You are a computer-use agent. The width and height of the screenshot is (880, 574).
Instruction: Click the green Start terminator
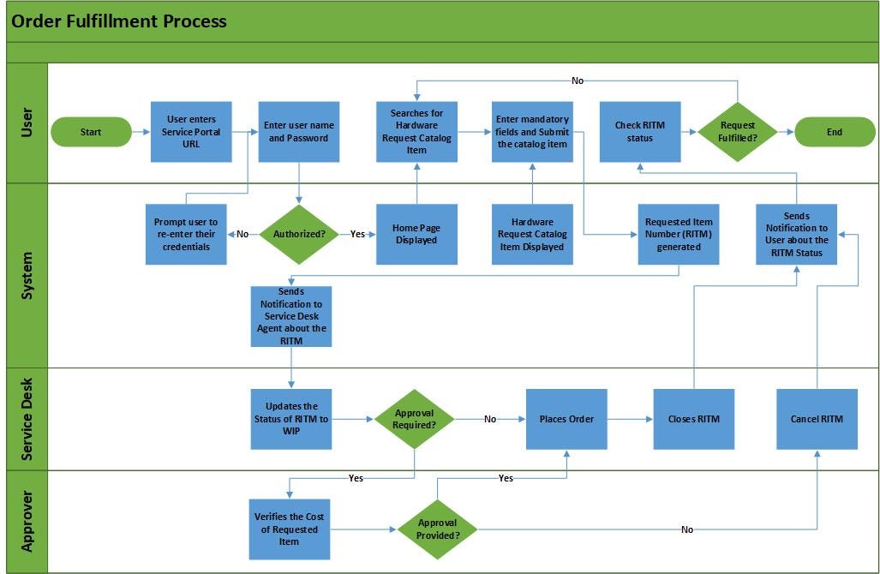pos(91,132)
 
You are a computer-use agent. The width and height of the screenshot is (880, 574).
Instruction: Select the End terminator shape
pos(834,132)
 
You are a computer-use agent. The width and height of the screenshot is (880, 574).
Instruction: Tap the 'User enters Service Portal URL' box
pos(191,132)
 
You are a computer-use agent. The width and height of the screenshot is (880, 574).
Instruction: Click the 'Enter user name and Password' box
pos(299,132)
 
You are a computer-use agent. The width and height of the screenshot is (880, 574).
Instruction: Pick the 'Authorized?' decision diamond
pos(299,234)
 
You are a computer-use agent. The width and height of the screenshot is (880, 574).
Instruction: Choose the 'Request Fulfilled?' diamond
pos(737,132)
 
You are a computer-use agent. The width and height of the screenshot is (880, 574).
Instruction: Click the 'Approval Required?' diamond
pos(414,419)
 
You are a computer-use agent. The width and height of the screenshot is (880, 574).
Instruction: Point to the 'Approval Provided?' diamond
pos(437,529)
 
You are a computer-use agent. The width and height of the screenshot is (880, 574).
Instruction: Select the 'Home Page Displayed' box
pos(416,234)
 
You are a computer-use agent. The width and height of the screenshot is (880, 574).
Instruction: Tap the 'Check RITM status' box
pos(639,132)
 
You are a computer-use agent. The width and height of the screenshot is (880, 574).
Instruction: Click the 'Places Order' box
pos(566,419)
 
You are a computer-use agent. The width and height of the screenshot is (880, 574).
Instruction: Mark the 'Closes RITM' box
pos(693,419)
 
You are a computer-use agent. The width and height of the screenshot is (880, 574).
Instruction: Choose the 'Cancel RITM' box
pos(817,419)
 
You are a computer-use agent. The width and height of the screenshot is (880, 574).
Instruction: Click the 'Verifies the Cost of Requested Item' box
pos(289,529)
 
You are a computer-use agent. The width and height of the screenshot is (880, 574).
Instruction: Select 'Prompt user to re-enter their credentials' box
pos(186,234)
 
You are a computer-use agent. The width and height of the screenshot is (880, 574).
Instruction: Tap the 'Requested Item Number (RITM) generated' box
pos(679,234)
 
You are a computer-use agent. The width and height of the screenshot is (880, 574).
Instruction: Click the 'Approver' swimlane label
pos(27,521)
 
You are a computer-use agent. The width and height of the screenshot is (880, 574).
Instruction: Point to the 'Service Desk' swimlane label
pos(27,419)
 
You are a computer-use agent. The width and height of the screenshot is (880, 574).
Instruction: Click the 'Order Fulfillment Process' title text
pos(119,21)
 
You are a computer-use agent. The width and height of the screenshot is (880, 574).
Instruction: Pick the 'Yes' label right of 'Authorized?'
pos(357,234)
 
